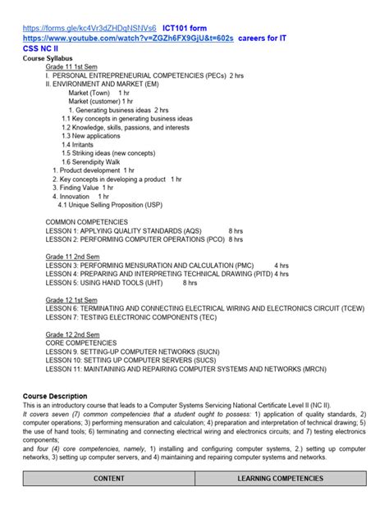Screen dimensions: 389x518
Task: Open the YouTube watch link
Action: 127,38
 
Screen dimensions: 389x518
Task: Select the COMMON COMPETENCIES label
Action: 86,221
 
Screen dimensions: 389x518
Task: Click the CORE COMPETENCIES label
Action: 80,343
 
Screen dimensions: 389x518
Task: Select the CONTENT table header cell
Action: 108,478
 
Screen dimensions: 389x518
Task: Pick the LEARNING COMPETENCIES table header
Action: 280,478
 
